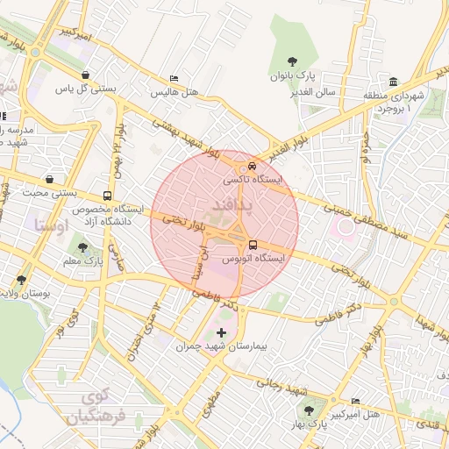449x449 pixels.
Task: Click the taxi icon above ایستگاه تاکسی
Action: click(x=252, y=164)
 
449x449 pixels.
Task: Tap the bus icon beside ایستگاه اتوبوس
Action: click(x=253, y=245)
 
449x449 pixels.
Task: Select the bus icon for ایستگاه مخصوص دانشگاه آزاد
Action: click(x=107, y=196)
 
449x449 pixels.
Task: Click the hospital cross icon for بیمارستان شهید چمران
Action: click(x=220, y=332)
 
